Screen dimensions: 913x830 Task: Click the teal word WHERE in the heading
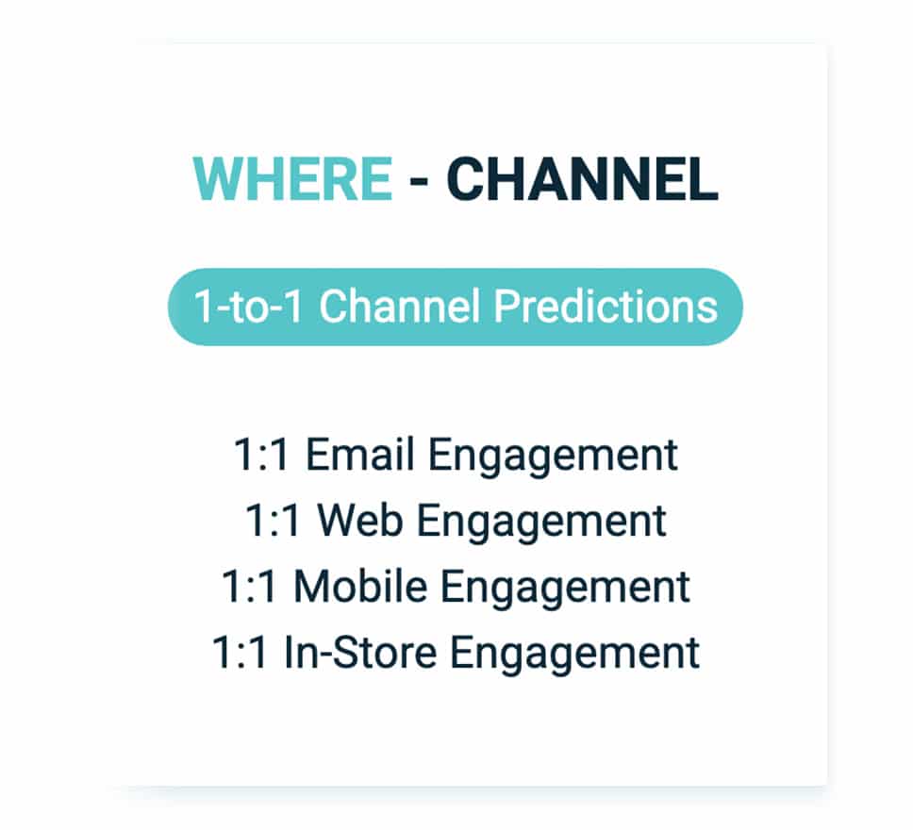pyautogui.click(x=292, y=179)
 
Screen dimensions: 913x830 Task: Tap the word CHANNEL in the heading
pyautogui.click(x=582, y=179)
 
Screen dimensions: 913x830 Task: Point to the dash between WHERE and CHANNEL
pyautogui.click(x=419, y=180)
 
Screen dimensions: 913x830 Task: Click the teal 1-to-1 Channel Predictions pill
pyautogui.click(x=456, y=307)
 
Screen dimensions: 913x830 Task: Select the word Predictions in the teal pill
pyautogui.click(x=606, y=307)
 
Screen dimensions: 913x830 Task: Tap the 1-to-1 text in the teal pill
pyautogui.click(x=248, y=307)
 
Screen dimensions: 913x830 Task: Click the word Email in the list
pyautogui.click(x=360, y=455)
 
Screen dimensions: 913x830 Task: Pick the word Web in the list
pyautogui.click(x=359, y=520)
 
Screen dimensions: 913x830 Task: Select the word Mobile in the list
pyautogui.click(x=360, y=586)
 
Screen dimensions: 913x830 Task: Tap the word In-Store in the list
pyautogui.click(x=360, y=653)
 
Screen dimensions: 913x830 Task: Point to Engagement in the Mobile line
pyautogui.click(x=565, y=589)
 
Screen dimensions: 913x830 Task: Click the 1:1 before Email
pyautogui.click(x=261, y=455)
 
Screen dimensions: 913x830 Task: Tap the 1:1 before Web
pyautogui.click(x=274, y=520)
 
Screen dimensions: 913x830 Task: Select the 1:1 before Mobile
pyautogui.click(x=249, y=587)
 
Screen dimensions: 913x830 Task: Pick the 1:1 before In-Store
pyautogui.click(x=240, y=653)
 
